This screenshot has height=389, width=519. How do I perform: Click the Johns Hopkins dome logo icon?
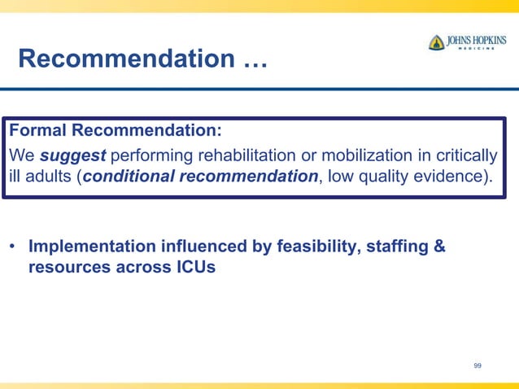coord(437,42)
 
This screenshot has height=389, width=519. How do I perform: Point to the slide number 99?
coord(478,366)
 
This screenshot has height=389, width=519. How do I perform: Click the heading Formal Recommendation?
coord(115,131)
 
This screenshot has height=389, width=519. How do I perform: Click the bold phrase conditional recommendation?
coord(199,177)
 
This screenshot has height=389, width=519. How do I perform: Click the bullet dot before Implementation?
coord(14,247)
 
